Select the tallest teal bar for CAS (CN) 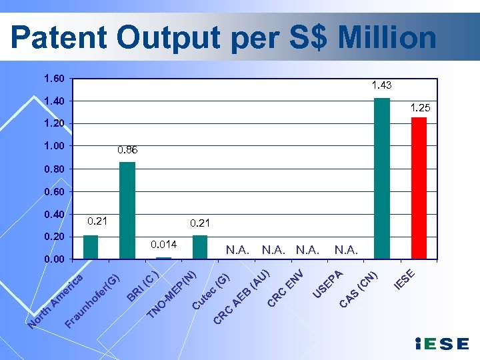tap(382, 178)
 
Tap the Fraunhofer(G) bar tap(127, 210)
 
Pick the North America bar tap(91, 247)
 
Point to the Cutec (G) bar tap(200, 247)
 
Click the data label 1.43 tap(382, 85)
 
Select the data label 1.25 tap(420, 107)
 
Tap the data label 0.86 tap(127, 151)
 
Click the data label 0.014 tap(163, 245)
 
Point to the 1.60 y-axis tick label tap(54, 79)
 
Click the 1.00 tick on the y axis tap(54, 146)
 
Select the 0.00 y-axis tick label tap(54, 259)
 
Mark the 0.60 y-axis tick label tap(54, 191)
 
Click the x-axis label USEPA tap(328, 283)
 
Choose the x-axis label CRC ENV tap(286, 288)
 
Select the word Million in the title tap(387, 39)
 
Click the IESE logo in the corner tap(441, 344)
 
